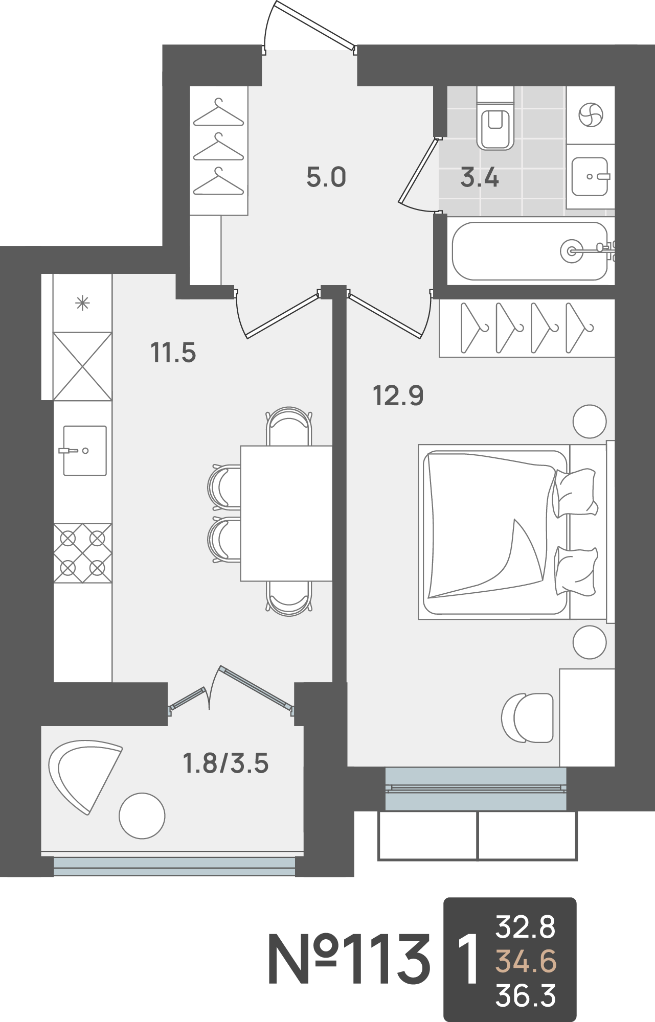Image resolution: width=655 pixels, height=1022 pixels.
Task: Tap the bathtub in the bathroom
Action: pyautogui.click(x=530, y=251)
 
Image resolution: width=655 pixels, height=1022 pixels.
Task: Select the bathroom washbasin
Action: pyautogui.click(x=591, y=176)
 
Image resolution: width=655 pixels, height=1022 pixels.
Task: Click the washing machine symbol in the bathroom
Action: pyautogui.click(x=591, y=114)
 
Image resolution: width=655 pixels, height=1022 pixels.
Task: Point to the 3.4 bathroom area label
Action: pyautogui.click(x=480, y=177)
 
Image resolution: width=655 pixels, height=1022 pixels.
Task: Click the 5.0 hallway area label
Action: pyautogui.click(x=326, y=177)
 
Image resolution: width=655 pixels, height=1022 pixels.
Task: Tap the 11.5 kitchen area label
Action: pyautogui.click(x=173, y=353)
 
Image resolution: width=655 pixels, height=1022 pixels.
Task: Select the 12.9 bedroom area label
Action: pyautogui.click(x=398, y=396)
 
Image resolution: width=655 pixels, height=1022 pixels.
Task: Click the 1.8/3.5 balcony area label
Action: pyautogui.click(x=225, y=764)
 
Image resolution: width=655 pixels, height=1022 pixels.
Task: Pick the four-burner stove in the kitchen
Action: pyautogui.click(x=83, y=553)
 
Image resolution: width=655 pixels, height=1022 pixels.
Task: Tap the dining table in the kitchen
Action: pyautogui.click(x=286, y=513)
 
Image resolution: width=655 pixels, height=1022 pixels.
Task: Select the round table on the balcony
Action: pyautogui.click(x=142, y=816)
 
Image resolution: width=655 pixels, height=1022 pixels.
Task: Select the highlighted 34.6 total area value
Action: pyautogui.click(x=526, y=962)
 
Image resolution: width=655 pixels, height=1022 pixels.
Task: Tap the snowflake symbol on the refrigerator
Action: pyautogui.click(x=82, y=304)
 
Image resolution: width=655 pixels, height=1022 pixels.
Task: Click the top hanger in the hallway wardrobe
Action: pyautogui.click(x=219, y=112)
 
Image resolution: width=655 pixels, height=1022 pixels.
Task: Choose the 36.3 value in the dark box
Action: pyautogui.click(x=526, y=996)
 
